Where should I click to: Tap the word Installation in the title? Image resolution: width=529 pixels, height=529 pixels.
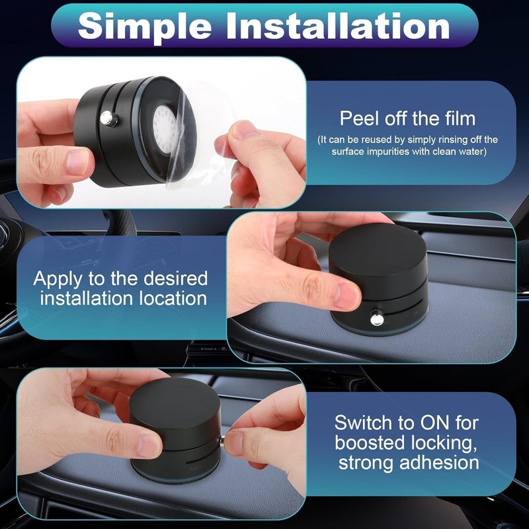tap(338, 26)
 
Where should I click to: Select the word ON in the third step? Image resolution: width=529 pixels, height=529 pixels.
tap(434, 423)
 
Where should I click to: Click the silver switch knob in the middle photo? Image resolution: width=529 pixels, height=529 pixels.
tap(376, 319)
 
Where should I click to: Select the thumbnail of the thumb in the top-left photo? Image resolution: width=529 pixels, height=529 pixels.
tap(78, 161)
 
